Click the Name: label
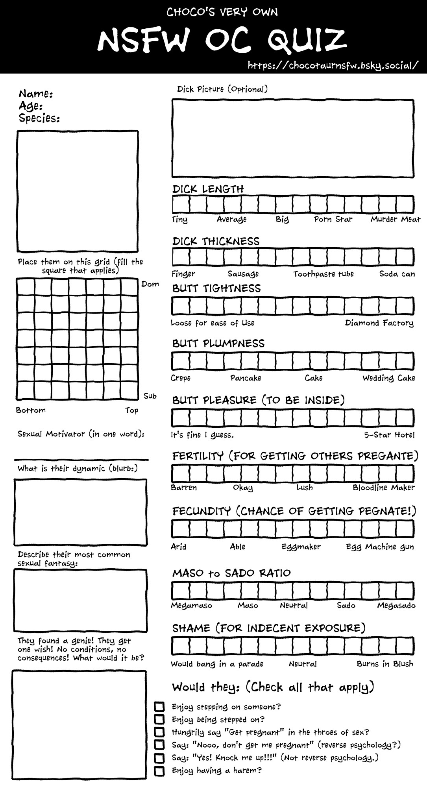point(36,94)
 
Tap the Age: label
point(31,106)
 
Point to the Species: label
point(39,118)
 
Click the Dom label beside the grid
point(150,284)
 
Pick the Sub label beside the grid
point(150,396)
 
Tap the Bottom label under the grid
point(31,410)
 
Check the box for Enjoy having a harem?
point(159,770)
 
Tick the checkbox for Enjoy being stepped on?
point(159,720)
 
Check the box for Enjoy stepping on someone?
point(159,707)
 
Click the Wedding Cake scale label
point(389,378)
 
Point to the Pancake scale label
point(246,378)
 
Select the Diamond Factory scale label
point(379,323)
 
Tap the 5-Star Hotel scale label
point(389,435)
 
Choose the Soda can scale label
point(397,274)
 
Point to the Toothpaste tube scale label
point(323,274)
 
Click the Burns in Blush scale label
point(385,664)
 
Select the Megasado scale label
point(396,606)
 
